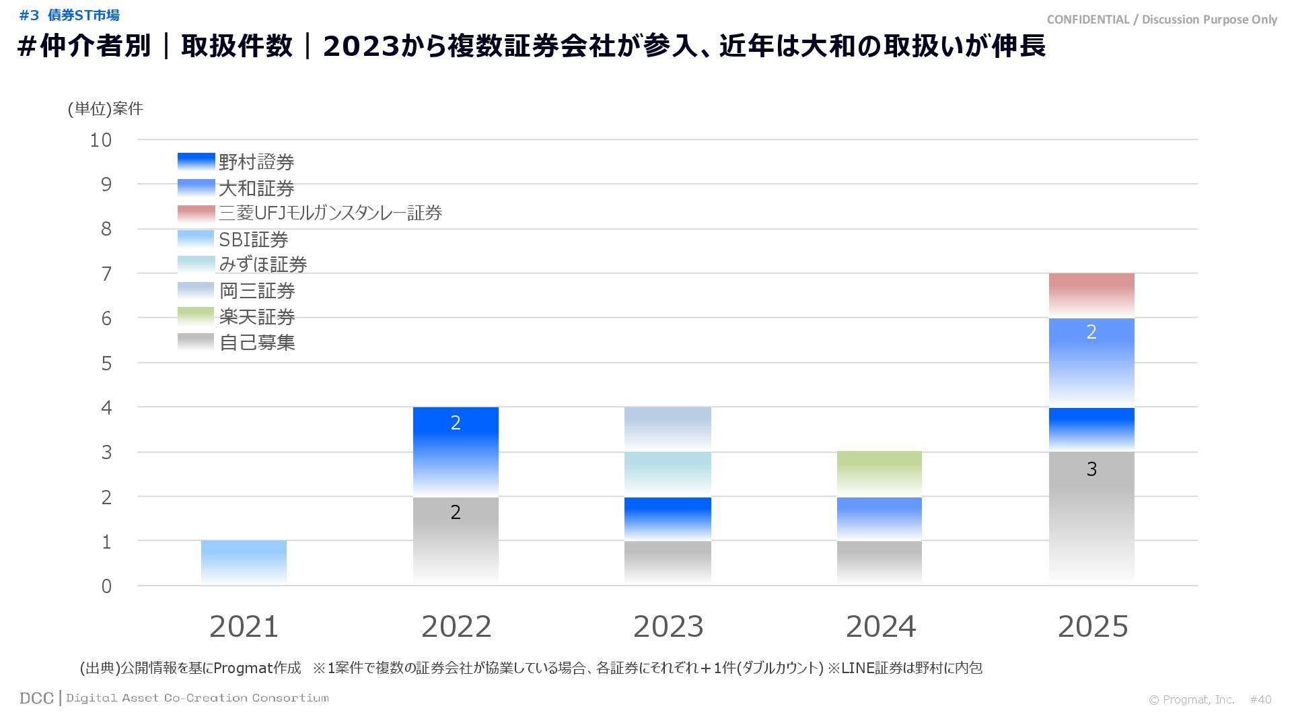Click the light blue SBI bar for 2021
pos(244,562)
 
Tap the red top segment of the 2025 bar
pos(1091,295)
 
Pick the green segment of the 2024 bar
pos(879,473)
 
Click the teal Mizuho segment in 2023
pos(668,474)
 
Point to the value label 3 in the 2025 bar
pos(1091,469)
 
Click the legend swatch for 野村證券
pos(196,162)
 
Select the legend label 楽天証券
pos(257,316)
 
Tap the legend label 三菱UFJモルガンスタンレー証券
pos(330,213)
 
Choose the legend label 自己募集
pos(257,343)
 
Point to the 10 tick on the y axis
pos(101,140)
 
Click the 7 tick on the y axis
pos(106,274)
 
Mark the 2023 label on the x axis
pos(668,627)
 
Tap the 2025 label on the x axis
pos(1092,627)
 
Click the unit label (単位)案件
pos(106,109)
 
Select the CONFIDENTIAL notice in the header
pos(1161,20)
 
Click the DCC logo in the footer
pos(36,698)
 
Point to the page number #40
pos(1260,699)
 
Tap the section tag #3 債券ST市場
pos(69,15)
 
